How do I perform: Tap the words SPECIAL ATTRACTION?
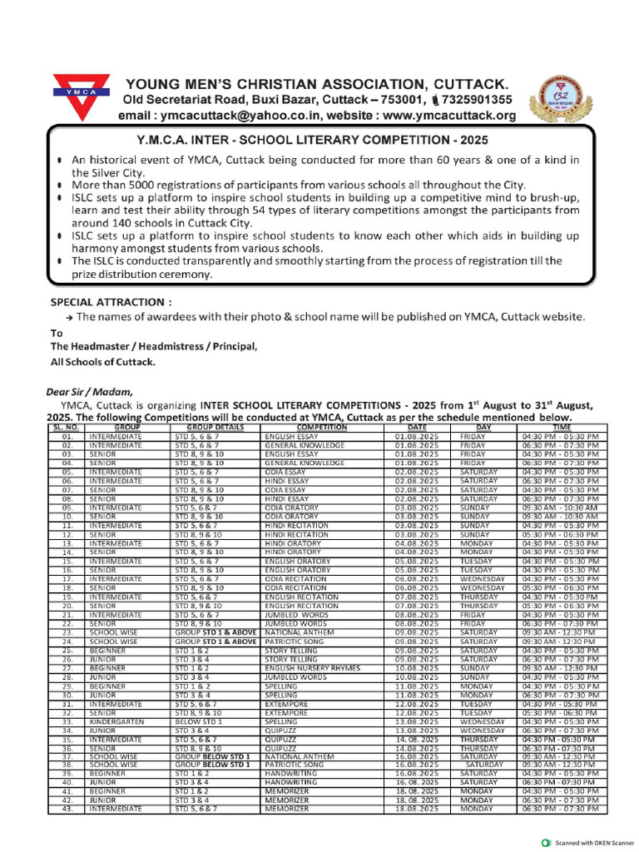click(111, 302)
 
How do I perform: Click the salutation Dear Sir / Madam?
click(88, 391)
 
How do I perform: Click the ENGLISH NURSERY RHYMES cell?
click(306, 667)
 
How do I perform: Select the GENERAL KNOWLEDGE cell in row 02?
click(305, 445)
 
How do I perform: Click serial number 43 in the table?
click(68, 809)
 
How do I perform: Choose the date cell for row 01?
click(417, 435)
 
